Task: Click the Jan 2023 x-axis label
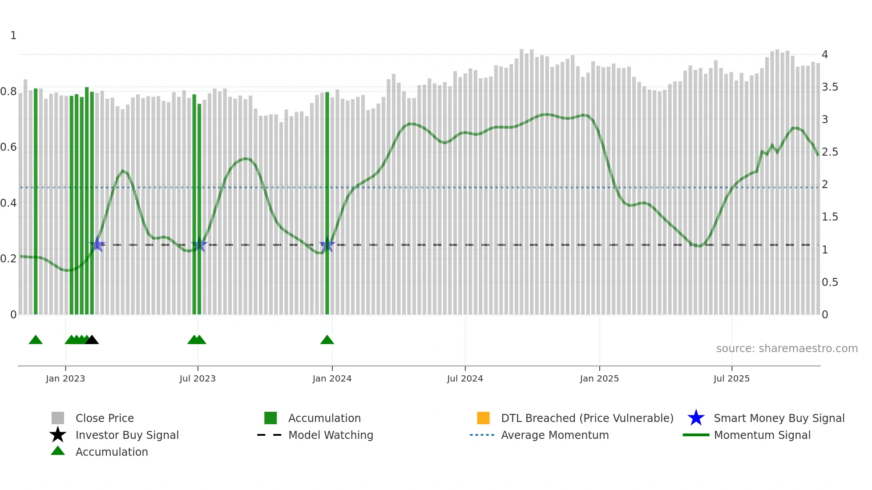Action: click(65, 378)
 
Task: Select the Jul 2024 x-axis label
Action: click(465, 378)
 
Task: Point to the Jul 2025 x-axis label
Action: click(731, 378)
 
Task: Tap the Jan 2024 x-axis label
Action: click(332, 378)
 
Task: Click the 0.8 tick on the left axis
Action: click(9, 92)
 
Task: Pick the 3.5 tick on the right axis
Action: click(830, 87)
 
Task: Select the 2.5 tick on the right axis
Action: click(830, 152)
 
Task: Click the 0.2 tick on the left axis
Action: click(9, 259)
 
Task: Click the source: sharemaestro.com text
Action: click(787, 349)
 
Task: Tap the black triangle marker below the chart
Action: click(92, 340)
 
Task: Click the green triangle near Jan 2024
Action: click(327, 340)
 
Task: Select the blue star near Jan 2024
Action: click(327, 245)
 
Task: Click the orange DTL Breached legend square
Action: click(483, 418)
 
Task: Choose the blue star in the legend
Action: click(696, 418)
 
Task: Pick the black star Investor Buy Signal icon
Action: click(58, 435)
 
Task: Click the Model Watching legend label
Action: click(331, 435)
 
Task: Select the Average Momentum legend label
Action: click(555, 435)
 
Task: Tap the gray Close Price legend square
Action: click(58, 418)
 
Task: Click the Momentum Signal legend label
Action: click(762, 435)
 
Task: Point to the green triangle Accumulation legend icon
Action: click(58, 451)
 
